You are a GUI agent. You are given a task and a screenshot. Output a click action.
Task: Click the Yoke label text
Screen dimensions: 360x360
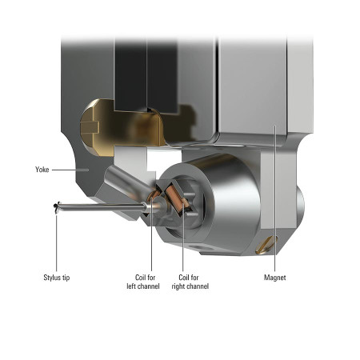pyautogui.click(x=42, y=170)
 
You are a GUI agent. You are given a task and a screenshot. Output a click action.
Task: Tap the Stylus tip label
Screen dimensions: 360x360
pyautogui.click(x=57, y=278)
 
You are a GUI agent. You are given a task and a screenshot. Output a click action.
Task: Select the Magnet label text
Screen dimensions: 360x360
pyautogui.click(x=274, y=278)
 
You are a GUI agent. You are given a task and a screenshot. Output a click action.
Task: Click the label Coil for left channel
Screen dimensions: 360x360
pyautogui.click(x=143, y=282)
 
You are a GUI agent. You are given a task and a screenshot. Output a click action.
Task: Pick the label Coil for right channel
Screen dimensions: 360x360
pyautogui.click(x=190, y=282)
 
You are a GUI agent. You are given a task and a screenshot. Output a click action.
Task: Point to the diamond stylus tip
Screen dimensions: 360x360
pyautogui.click(x=56, y=208)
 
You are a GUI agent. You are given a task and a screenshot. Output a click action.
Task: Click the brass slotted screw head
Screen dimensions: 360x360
pyautogui.click(x=266, y=245)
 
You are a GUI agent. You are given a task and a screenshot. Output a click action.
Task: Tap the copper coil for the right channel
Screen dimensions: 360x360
pyautogui.click(x=177, y=199)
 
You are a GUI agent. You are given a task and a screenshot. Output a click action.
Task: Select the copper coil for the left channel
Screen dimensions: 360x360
pyautogui.click(x=153, y=196)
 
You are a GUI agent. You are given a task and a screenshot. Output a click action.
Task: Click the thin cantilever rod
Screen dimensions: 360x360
pyautogui.click(x=102, y=206)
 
